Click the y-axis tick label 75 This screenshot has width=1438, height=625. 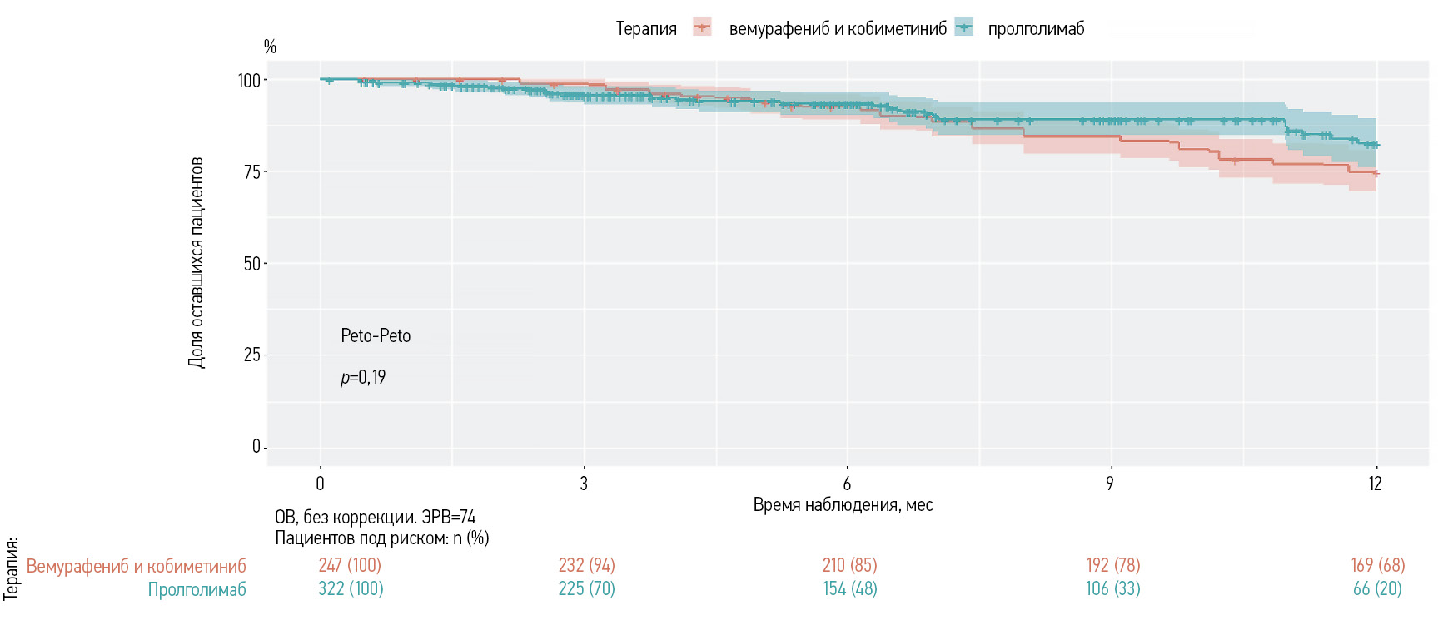[x=251, y=172]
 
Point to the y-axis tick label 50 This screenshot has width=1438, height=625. [x=251, y=264]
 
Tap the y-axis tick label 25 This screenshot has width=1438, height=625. [x=251, y=355]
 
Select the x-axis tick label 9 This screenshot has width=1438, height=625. [x=1110, y=484]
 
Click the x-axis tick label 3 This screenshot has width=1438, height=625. [x=584, y=484]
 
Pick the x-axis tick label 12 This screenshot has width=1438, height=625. [x=1375, y=484]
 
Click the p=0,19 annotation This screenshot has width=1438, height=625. [x=363, y=378]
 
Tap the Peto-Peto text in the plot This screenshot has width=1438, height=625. [x=376, y=336]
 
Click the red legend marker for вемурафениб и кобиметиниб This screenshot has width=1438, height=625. [x=702, y=28]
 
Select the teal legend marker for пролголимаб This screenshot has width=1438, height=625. [x=963, y=28]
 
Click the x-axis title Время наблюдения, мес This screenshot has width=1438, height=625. [x=843, y=505]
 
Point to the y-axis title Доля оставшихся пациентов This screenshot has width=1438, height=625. [x=196, y=262]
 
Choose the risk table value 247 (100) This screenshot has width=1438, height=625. [x=350, y=566]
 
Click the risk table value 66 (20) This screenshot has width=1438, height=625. [x=1377, y=589]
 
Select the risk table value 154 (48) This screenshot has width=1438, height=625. [x=849, y=589]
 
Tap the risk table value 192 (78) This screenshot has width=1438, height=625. [x=1113, y=566]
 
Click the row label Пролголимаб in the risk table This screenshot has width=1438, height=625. [x=197, y=590]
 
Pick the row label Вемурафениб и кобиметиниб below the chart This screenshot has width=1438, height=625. [x=137, y=567]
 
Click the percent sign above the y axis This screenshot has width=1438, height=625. [x=270, y=47]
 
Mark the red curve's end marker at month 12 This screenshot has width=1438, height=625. [x=1376, y=174]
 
